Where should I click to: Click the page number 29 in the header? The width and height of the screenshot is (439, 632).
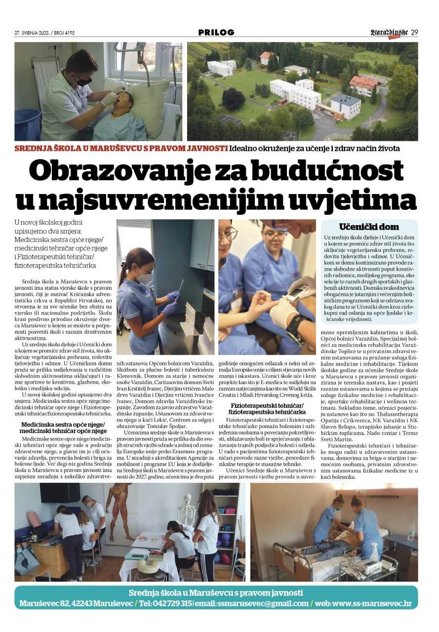tap(414, 33)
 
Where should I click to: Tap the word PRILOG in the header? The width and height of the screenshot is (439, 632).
tap(216, 33)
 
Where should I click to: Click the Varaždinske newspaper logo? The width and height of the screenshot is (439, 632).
tap(389, 33)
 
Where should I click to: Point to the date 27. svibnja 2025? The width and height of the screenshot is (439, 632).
tap(35, 33)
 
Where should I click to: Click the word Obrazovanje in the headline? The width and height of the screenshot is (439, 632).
tap(114, 172)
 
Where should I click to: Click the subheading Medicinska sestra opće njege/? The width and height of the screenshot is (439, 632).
tap(63, 424)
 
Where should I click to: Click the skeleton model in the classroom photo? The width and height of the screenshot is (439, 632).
tap(187, 509)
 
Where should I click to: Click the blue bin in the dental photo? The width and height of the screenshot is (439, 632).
tap(27, 124)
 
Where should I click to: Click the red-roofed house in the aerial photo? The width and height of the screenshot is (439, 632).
tap(364, 84)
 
